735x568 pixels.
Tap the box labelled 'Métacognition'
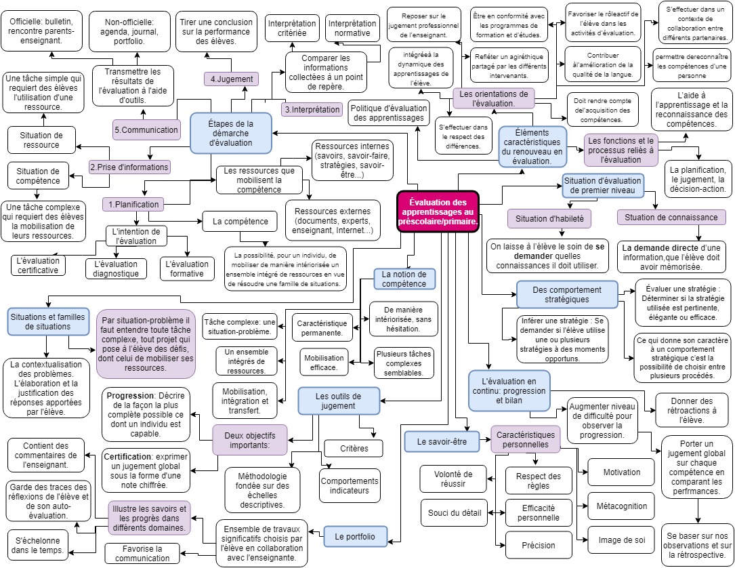(621, 506)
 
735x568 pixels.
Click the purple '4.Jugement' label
(232, 79)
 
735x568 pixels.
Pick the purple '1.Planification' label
(133, 204)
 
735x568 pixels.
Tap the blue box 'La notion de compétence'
(404, 279)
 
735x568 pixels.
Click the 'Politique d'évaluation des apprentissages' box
(389, 113)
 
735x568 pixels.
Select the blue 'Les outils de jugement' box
(338, 401)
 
